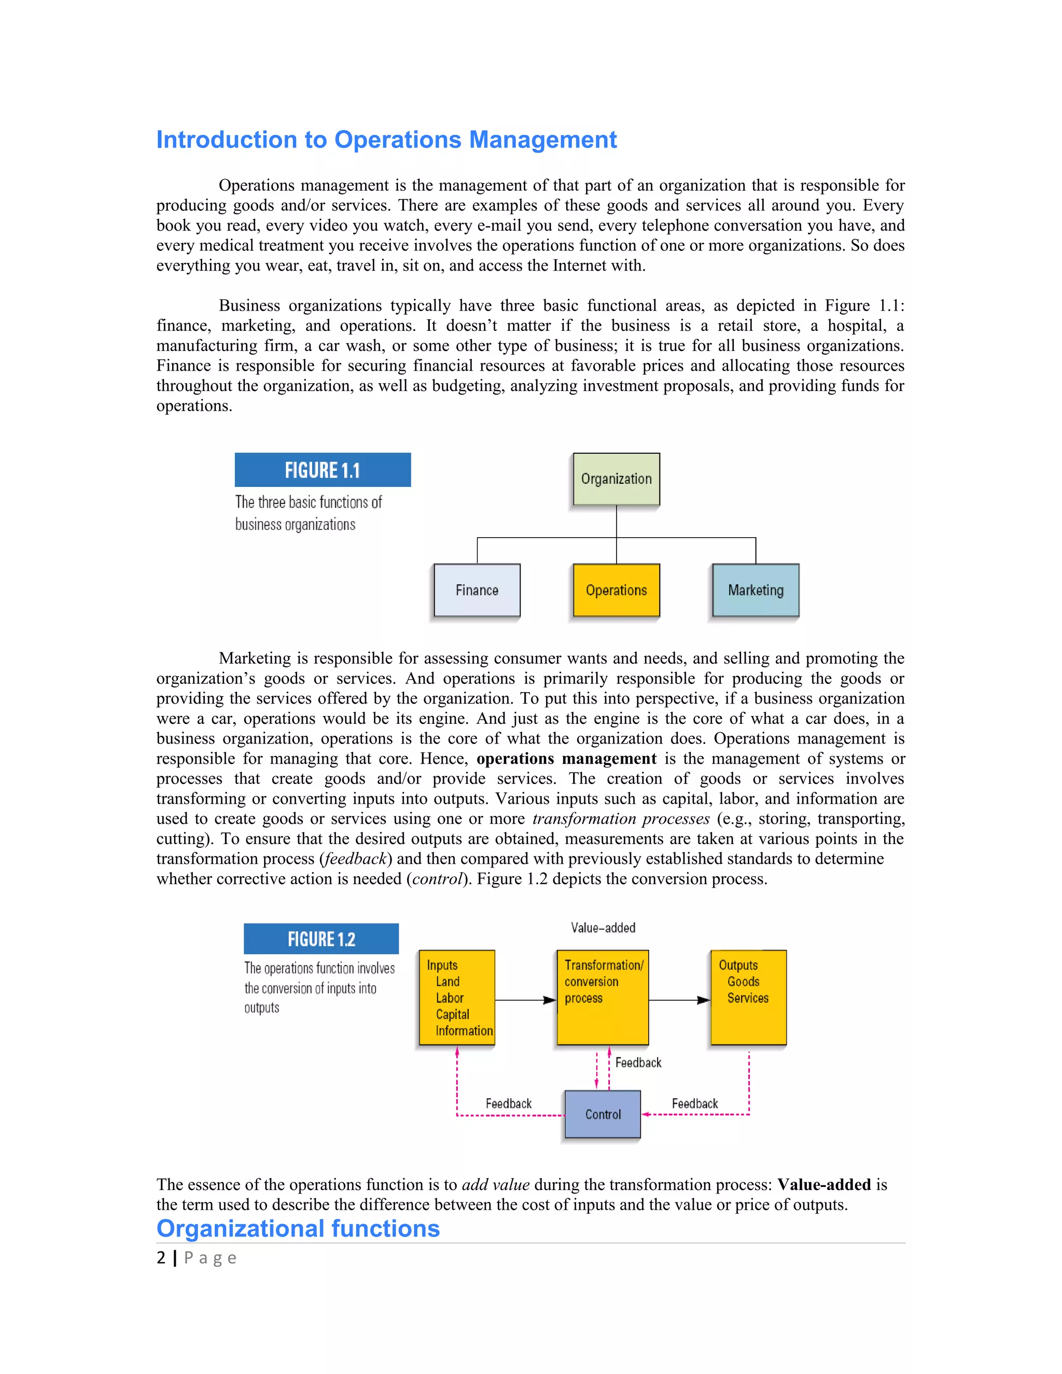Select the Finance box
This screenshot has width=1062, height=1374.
(x=477, y=590)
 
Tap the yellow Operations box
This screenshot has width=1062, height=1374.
(x=616, y=590)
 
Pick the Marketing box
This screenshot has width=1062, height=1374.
(x=756, y=590)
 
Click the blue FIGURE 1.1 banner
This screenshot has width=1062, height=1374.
(x=322, y=470)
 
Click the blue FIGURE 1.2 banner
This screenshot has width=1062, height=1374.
(x=321, y=938)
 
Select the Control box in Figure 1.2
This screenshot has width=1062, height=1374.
(x=603, y=1114)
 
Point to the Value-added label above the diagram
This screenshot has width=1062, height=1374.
(x=603, y=928)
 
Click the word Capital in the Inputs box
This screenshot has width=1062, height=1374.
(x=452, y=1014)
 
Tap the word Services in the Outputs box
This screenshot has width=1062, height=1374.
(x=747, y=998)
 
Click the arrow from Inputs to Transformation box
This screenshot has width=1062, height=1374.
(x=525, y=1000)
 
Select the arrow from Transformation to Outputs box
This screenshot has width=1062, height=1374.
(x=679, y=1000)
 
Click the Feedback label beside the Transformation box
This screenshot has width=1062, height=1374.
(x=638, y=1062)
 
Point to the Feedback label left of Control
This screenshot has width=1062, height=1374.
(x=508, y=1103)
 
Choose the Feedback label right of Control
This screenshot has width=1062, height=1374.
(x=694, y=1103)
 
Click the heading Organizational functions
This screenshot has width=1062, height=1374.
(x=298, y=1228)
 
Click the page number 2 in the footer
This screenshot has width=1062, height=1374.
(x=161, y=1258)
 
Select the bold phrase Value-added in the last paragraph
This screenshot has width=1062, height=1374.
(x=823, y=1185)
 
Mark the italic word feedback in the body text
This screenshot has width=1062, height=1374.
(x=355, y=859)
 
